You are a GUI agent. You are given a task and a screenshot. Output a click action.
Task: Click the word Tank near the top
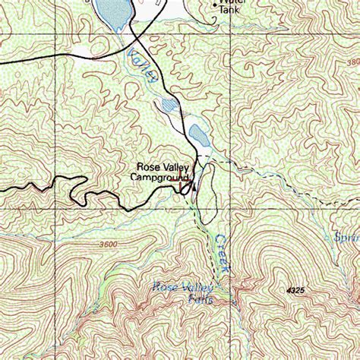pos(229,11)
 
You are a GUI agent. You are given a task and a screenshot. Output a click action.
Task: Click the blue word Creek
pos(220,252)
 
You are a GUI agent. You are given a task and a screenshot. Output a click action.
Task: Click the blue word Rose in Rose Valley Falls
pos(165,287)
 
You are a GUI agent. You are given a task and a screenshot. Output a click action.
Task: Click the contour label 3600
pos(108,244)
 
